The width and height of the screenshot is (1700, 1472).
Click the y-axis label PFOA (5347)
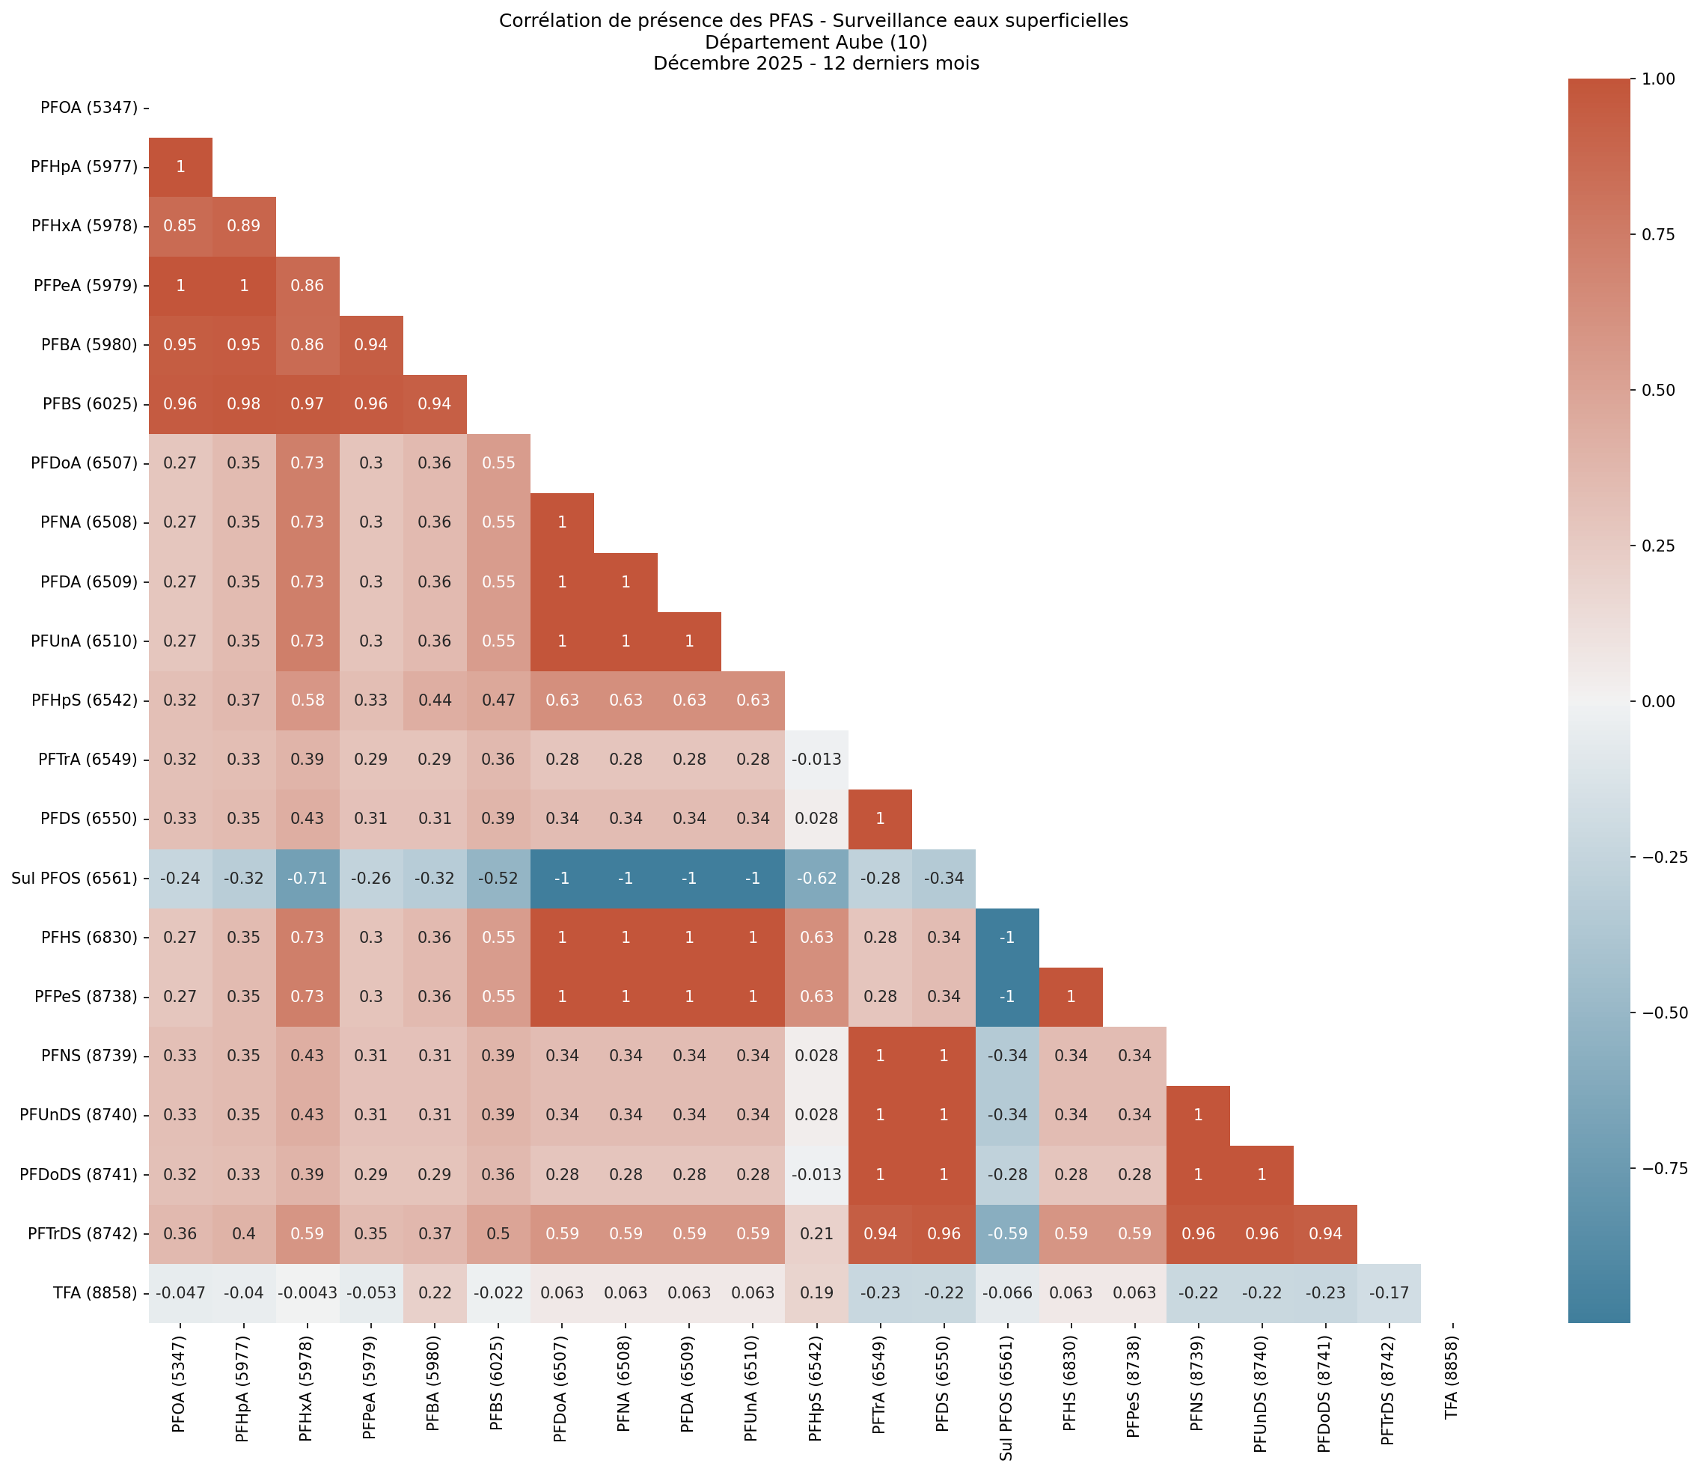(x=89, y=108)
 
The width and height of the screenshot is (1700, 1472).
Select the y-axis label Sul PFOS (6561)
(x=75, y=878)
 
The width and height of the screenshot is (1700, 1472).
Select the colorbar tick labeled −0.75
(x=1664, y=1169)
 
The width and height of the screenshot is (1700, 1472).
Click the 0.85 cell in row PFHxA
(x=180, y=226)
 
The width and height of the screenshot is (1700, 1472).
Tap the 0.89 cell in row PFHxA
(x=244, y=226)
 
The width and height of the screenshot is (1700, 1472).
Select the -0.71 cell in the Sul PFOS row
(x=307, y=878)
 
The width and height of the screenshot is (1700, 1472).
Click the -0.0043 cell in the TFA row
(x=307, y=1293)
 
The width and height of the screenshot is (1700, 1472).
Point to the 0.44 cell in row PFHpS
(x=435, y=700)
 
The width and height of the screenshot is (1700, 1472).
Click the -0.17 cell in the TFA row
(x=1388, y=1293)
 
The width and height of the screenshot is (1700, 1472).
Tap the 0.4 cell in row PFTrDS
(x=244, y=1234)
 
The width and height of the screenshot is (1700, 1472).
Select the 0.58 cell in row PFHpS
(x=307, y=700)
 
